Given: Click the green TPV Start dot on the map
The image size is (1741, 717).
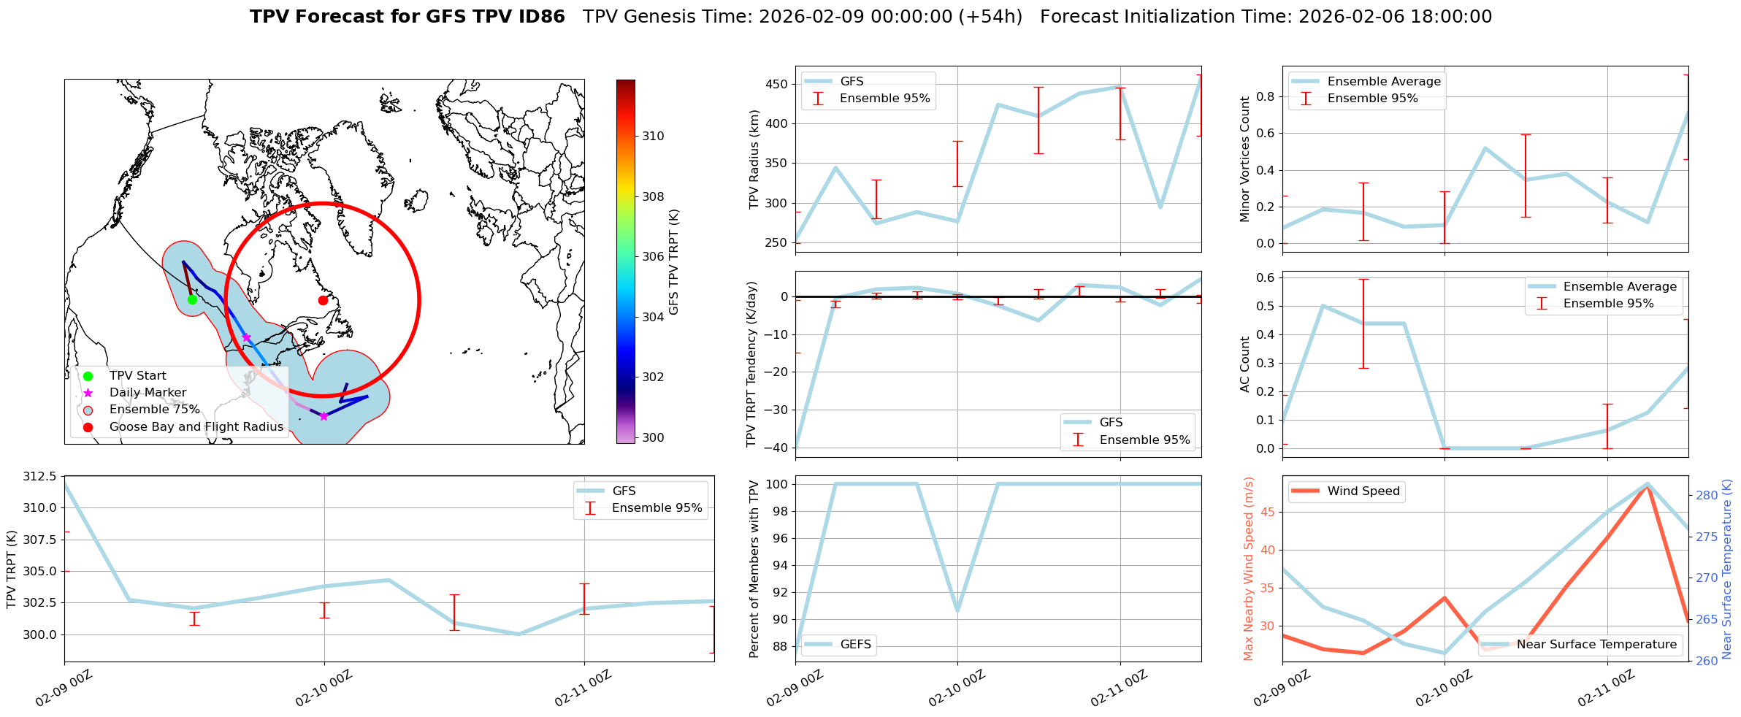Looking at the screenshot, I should coord(192,299).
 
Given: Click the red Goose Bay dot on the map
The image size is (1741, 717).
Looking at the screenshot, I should coord(323,300).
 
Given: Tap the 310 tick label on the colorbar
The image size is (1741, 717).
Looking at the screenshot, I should coord(653,136).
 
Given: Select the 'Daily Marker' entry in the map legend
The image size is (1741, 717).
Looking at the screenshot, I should coord(148,393).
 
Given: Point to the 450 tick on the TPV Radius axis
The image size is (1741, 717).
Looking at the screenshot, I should coord(777,84).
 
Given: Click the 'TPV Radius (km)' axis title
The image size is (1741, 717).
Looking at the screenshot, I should coord(755,159).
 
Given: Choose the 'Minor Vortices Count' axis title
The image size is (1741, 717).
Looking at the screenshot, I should coord(1245,159).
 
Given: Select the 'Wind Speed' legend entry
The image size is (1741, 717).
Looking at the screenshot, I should coord(1363,491).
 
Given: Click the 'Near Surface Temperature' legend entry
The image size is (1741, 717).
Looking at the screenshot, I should coord(1596,644).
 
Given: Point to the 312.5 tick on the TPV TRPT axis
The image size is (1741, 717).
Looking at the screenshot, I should coord(39,477).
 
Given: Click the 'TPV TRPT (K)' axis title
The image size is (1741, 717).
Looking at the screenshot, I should coord(12,570).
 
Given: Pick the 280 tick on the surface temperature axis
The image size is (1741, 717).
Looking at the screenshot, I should coord(1707,495).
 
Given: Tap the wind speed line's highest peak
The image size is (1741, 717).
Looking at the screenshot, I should coord(1648,485).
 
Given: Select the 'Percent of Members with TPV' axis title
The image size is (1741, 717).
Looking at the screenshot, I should coord(755,570).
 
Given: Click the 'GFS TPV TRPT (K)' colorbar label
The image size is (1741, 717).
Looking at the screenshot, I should coord(673,262).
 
